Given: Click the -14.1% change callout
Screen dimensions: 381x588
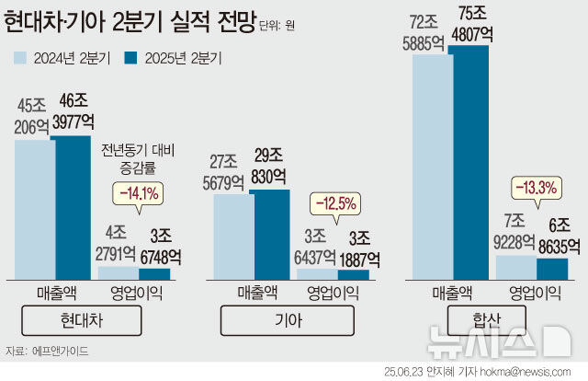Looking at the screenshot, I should [x=137, y=193].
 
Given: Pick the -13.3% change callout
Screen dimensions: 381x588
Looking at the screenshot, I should [x=537, y=189].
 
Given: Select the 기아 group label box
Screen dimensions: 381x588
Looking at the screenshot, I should [x=285, y=320].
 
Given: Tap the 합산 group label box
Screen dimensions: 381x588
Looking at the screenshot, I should [x=486, y=320].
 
